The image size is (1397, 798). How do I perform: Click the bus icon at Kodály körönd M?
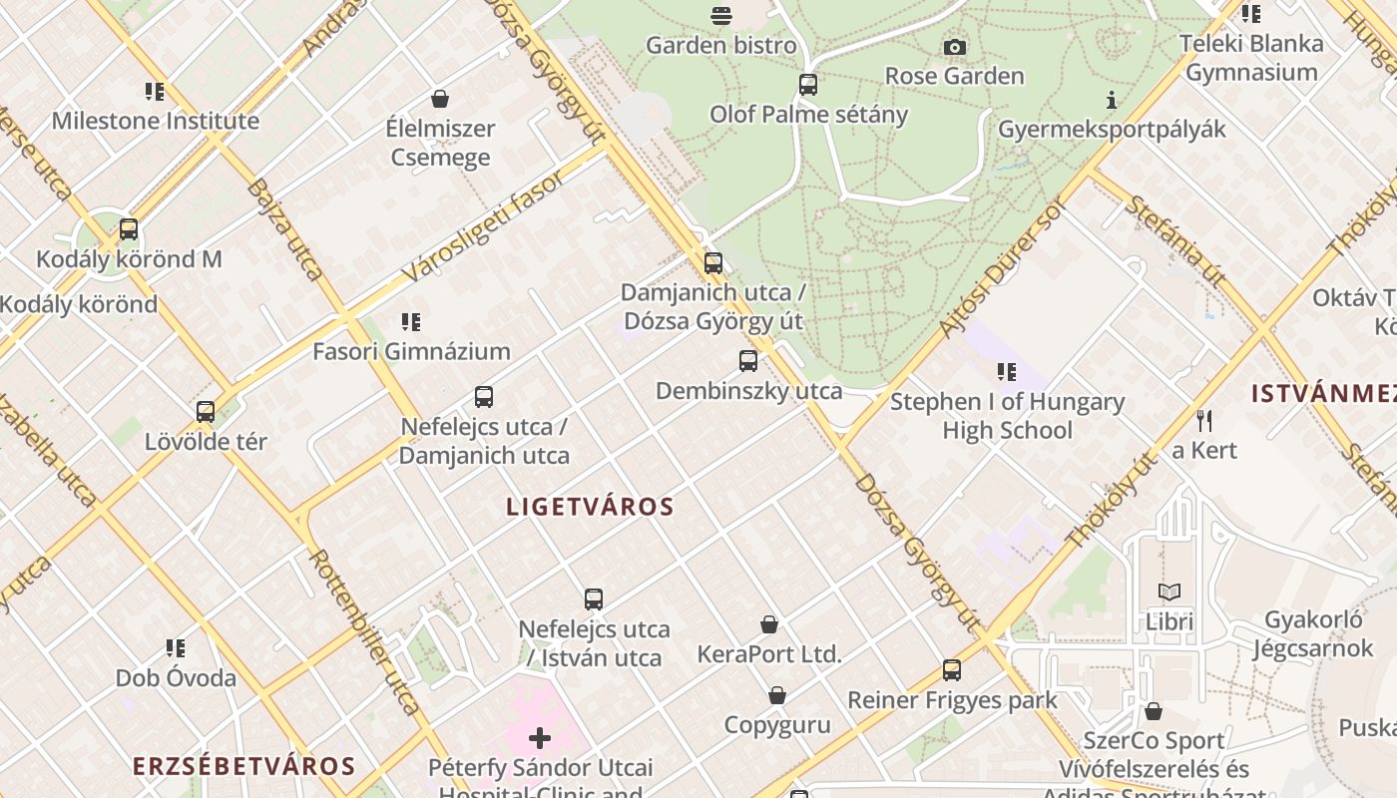tap(129, 229)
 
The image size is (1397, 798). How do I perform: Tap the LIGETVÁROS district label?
tap(591, 507)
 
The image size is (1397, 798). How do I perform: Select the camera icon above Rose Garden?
tap(955, 47)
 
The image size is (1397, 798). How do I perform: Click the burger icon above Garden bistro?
tap(721, 16)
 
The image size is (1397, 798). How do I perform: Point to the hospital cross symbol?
tap(540, 738)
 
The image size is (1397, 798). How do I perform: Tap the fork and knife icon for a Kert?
tap(1204, 421)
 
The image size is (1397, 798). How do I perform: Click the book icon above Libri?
tap(1169, 593)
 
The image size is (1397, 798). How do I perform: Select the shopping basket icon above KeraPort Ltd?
tap(769, 624)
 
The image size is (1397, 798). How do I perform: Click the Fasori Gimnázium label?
tap(411, 351)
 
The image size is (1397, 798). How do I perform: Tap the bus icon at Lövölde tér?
tap(206, 412)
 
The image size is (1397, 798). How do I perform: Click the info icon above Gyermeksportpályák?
tap(1112, 100)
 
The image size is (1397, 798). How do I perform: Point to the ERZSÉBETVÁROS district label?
tap(244, 766)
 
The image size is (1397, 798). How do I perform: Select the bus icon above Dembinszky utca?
tap(748, 361)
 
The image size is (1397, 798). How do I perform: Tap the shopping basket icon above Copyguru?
tap(777, 695)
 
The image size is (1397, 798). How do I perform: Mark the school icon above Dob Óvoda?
tap(176, 649)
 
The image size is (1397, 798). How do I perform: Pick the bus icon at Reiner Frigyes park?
tap(952, 670)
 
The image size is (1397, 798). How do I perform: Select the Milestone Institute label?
tap(156, 121)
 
